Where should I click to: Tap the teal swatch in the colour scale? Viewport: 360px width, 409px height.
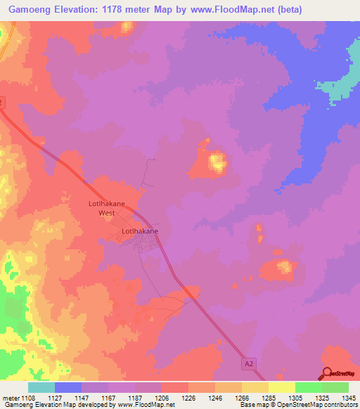click(41, 387)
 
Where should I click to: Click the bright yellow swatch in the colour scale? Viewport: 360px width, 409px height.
click(281, 387)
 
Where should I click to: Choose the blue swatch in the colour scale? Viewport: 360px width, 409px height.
click(68, 387)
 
